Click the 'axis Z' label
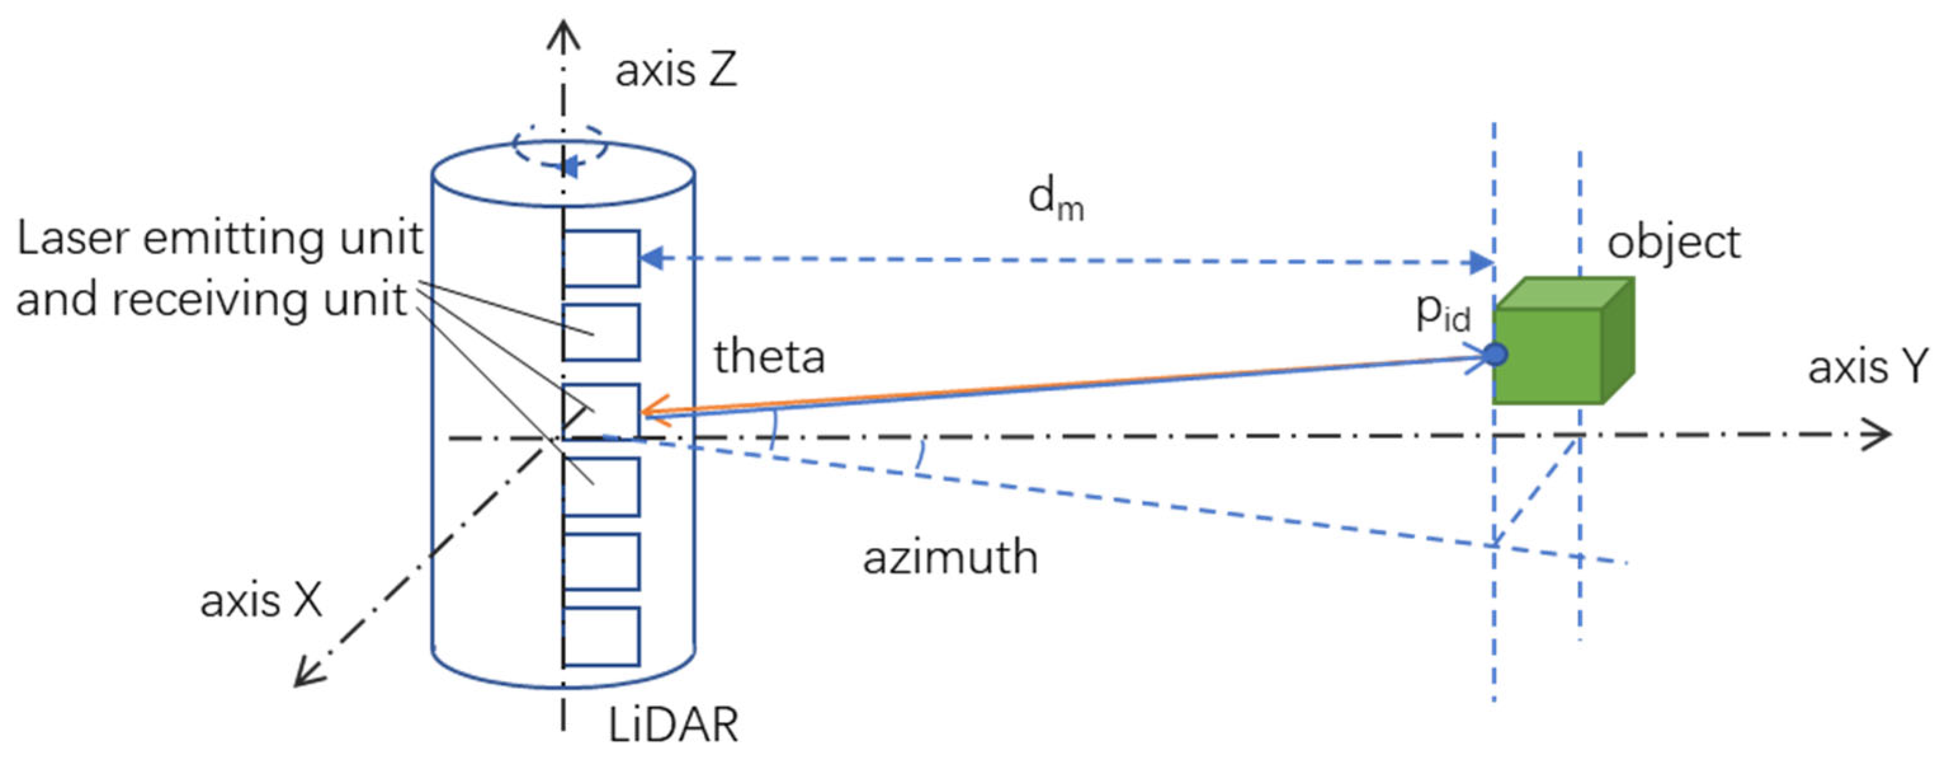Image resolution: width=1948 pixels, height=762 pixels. pyautogui.click(x=676, y=70)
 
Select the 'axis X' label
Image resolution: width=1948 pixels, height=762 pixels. pyautogui.click(x=261, y=601)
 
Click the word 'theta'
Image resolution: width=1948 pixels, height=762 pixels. pyautogui.click(x=769, y=356)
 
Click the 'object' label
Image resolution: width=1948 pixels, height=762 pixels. pyautogui.click(x=1673, y=244)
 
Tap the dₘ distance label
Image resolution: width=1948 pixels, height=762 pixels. pyautogui.click(x=1056, y=201)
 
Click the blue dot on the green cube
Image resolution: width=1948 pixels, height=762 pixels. pyautogui.click(x=1495, y=354)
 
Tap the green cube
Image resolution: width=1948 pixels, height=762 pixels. pyautogui.click(x=1558, y=348)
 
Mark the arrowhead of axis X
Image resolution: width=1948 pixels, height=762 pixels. pyautogui.click(x=306, y=674)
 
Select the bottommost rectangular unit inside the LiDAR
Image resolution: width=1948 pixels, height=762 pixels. pyautogui.click(x=602, y=636)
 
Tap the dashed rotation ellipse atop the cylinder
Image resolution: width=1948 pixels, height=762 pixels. pyautogui.click(x=559, y=146)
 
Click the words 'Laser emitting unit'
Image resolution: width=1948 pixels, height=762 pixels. pyautogui.click(x=219, y=239)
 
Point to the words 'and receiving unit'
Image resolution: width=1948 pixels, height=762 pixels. pyautogui.click(x=212, y=300)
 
